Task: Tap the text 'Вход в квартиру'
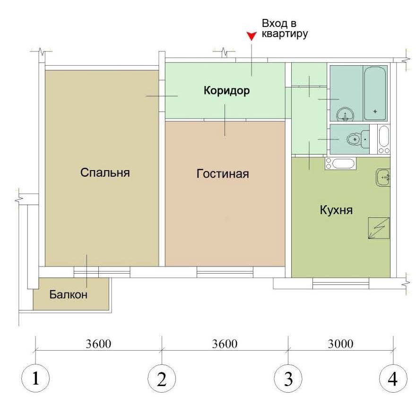pos(285,29)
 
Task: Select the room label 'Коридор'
pos(226,91)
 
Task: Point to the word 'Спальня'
pos(105,172)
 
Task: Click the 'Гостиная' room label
pos(223,174)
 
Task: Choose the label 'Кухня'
pos(336,210)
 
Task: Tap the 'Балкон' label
pos(69,294)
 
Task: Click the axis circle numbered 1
pos(35,378)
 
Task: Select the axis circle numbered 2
pos(162,378)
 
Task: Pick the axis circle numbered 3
pos(288,378)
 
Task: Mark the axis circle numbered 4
pos(393,378)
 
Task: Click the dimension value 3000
pos(341,344)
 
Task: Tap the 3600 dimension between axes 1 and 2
pos(98,344)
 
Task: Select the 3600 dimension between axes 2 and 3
pos(225,344)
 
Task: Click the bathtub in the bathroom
pos(375,94)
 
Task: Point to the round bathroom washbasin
pos(345,114)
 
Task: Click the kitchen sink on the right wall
pos(383,178)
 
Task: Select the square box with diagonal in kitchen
pos(379,228)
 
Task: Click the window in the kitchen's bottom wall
pos(341,284)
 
